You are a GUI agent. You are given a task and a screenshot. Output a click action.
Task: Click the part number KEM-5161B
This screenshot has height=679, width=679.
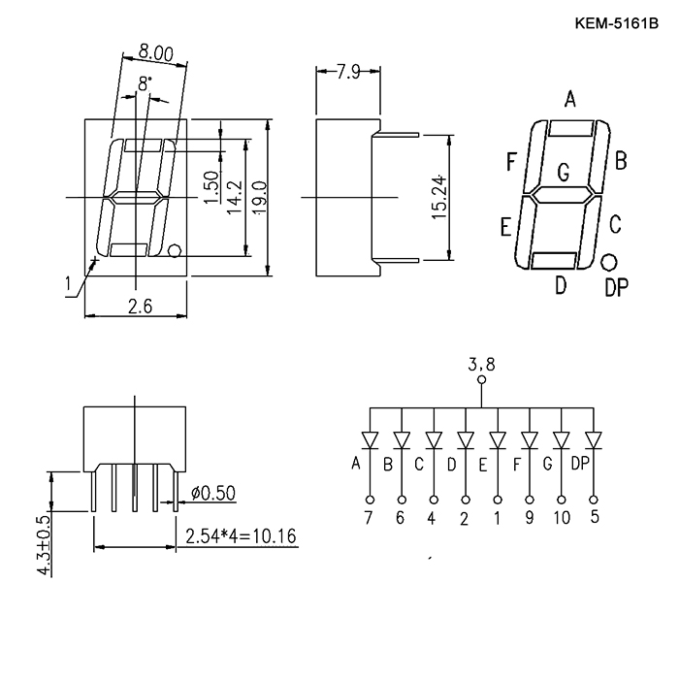pyautogui.click(x=616, y=23)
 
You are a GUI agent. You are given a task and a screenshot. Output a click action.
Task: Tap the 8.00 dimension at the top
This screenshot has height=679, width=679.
pyautogui.click(x=156, y=52)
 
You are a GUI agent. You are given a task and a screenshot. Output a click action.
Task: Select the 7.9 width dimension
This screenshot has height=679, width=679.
pyautogui.click(x=348, y=72)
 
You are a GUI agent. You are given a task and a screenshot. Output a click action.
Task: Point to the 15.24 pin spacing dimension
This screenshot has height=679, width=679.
pyautogui.click(x=439, y=197)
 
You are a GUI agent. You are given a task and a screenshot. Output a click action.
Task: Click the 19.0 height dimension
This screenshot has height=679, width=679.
pyautogui.click(x=261, y=198)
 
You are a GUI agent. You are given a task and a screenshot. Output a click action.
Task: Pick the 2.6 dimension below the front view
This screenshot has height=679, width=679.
pyautogui.click(x=141, y=307)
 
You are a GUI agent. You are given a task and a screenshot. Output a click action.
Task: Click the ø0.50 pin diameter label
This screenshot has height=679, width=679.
pyautogui.click(x=213, y=493)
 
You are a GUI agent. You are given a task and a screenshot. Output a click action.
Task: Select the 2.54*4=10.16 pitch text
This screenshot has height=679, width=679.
pyautogui.click(x=242, y=536)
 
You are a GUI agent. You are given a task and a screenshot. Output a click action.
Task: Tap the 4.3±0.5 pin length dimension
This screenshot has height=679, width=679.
pyautogui.click(x=45, y=544)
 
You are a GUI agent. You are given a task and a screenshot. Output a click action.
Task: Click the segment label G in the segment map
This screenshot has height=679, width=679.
pyautogui.click(x=563, y=173)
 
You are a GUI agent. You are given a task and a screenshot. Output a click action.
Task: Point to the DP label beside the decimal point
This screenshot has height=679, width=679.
pyautogui.click(x=616, y=287)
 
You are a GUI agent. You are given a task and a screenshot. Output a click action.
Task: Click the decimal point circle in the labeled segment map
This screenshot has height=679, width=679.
pyautogui.click(x=609, y=262)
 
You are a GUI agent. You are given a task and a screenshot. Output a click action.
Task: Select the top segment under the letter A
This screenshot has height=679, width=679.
pyautogui.click(x=570, y=129)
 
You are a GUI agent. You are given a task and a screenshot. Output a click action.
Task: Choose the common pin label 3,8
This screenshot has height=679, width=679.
pyautogui.click(x=481, y=365)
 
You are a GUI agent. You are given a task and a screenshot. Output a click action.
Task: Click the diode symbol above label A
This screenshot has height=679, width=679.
pyautogui.click(x=370, y=439)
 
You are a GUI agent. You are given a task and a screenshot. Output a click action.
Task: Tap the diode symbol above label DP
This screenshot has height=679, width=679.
pyautogui.click(x=594, y=439)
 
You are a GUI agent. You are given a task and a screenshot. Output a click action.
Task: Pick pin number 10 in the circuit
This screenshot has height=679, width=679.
pyautogui.click(x=562, y=517)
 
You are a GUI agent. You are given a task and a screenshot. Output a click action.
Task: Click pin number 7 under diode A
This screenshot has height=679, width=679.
pyautogui.click(x=368, y=517)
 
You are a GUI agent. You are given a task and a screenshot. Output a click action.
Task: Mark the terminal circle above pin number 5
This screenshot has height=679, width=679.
pyautogui.click(x=594, y=500)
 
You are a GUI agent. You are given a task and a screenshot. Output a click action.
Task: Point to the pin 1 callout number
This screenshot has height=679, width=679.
pyautogui.click(x=68, y=284)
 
